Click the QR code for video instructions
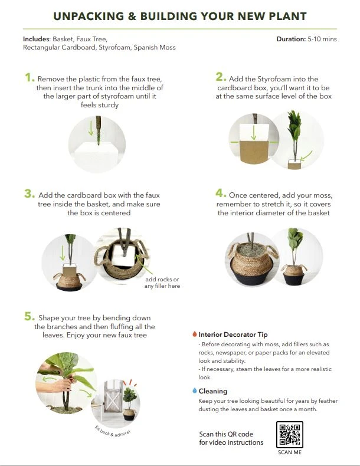289,435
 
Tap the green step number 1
29,77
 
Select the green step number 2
220,77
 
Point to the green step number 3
29,193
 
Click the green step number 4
220,193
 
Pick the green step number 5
29,316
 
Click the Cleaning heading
212,390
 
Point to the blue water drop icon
194,390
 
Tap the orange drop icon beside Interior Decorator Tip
194,334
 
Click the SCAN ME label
289,453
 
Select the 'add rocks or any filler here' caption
162,283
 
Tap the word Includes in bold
36,39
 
